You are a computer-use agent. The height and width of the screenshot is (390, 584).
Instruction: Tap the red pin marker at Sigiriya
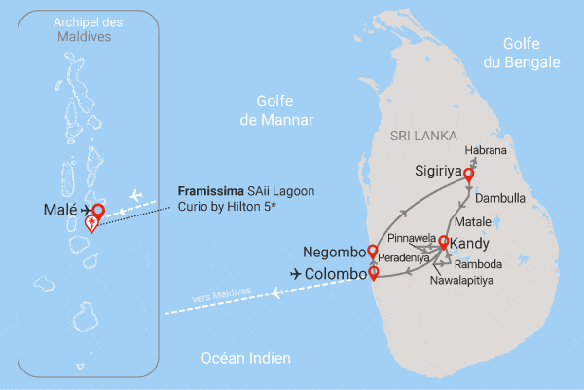(x=468, y=175)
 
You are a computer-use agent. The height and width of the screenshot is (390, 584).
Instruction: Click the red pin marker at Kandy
(x=444, y=243)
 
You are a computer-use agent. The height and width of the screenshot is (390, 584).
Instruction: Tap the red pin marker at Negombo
(x=371, y=253)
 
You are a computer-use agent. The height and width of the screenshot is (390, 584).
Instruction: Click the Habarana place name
(x=487, y=150)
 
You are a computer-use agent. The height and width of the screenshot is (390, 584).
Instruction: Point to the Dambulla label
(x=503, y=197)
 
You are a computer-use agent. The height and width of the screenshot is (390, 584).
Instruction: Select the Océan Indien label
(x=245, y=358)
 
